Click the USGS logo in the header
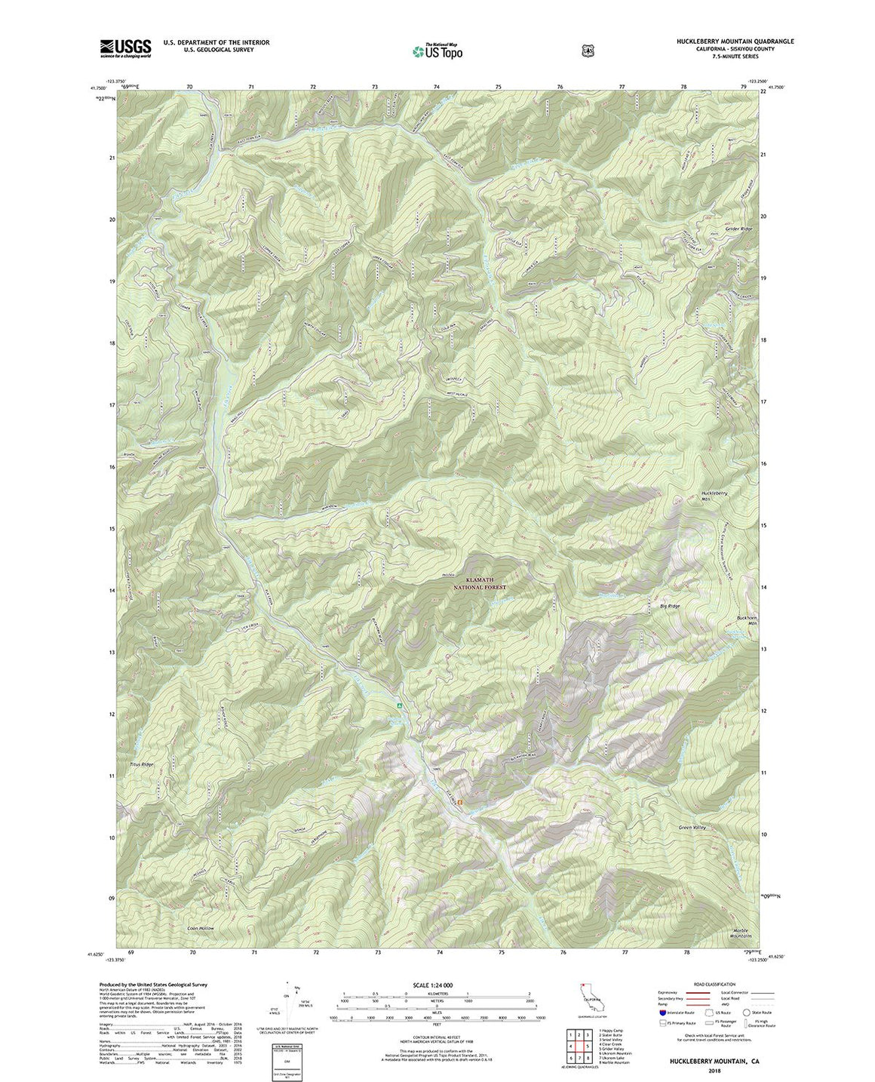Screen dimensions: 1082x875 (125, 48)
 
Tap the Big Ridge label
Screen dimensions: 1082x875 (669, 606)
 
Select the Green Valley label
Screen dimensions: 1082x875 (692, 828)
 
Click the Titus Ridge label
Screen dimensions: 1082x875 (141, 764)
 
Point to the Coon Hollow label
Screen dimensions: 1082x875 (201, 928)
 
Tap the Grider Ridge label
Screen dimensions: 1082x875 (738, 229)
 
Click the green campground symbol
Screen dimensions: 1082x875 (400, 706)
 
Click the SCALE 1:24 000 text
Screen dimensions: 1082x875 (432, 985)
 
